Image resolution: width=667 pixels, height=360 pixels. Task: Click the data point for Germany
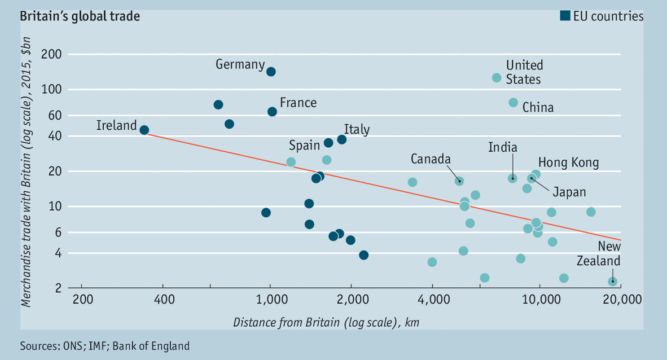click(x=271, y=72)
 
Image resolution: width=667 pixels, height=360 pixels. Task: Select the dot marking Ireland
click(x=144, y=130)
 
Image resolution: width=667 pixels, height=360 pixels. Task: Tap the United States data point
click(x=497, y=78)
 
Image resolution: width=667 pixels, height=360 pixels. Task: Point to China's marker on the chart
click(x=513, y=102)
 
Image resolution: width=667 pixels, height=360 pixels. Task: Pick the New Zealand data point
click(x=612, y=282)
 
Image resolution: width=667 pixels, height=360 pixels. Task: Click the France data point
click(x=272, y=112)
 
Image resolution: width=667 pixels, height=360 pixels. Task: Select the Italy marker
click(x=341, y=139)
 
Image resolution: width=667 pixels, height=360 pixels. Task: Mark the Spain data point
click(x=328, y=143)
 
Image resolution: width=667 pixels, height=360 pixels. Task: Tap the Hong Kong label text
click(x=568, y=163)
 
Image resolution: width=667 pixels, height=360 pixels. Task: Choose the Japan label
click(x=569, y=192)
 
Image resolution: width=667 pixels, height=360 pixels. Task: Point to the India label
click(x=503, y=148)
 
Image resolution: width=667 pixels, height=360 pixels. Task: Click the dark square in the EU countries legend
click(x=564, y=16)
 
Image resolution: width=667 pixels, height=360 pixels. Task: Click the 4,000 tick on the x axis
click(x=432, y=299)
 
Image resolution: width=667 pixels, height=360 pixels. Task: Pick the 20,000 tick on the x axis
click(x=620, y=299)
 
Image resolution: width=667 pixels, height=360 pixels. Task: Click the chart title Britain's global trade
click(x=80, y=16)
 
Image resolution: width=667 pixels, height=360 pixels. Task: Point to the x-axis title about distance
click(x=326, y=322)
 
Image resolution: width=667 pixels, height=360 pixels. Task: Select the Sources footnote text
click(x=104, y=345)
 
